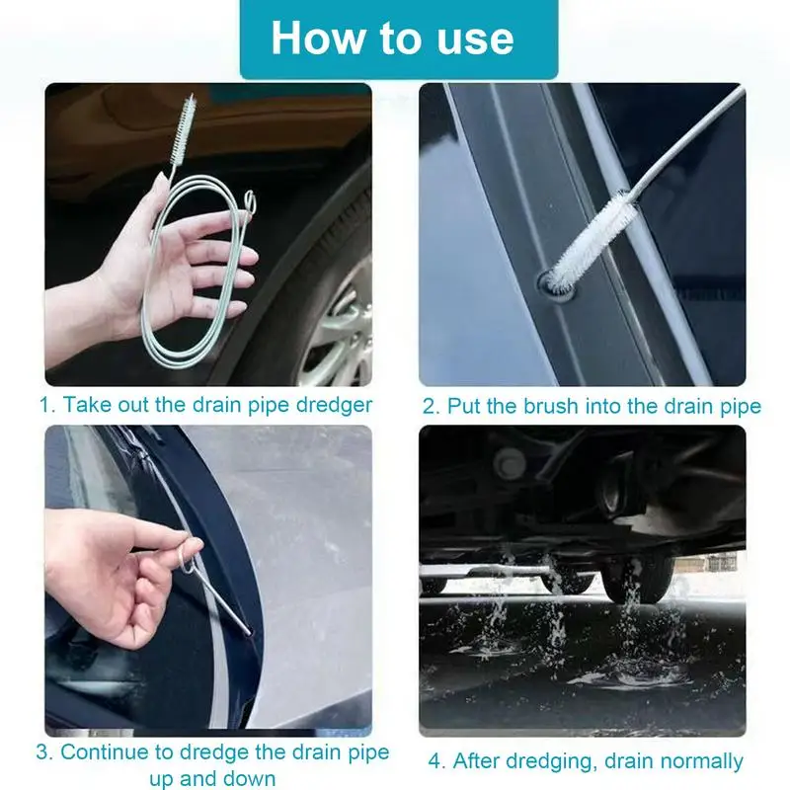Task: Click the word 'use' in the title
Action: click(472, 39)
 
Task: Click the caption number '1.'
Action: click(47, 405)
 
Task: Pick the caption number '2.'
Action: click(431, 405)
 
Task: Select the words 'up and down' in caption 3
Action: click(213, 778)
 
